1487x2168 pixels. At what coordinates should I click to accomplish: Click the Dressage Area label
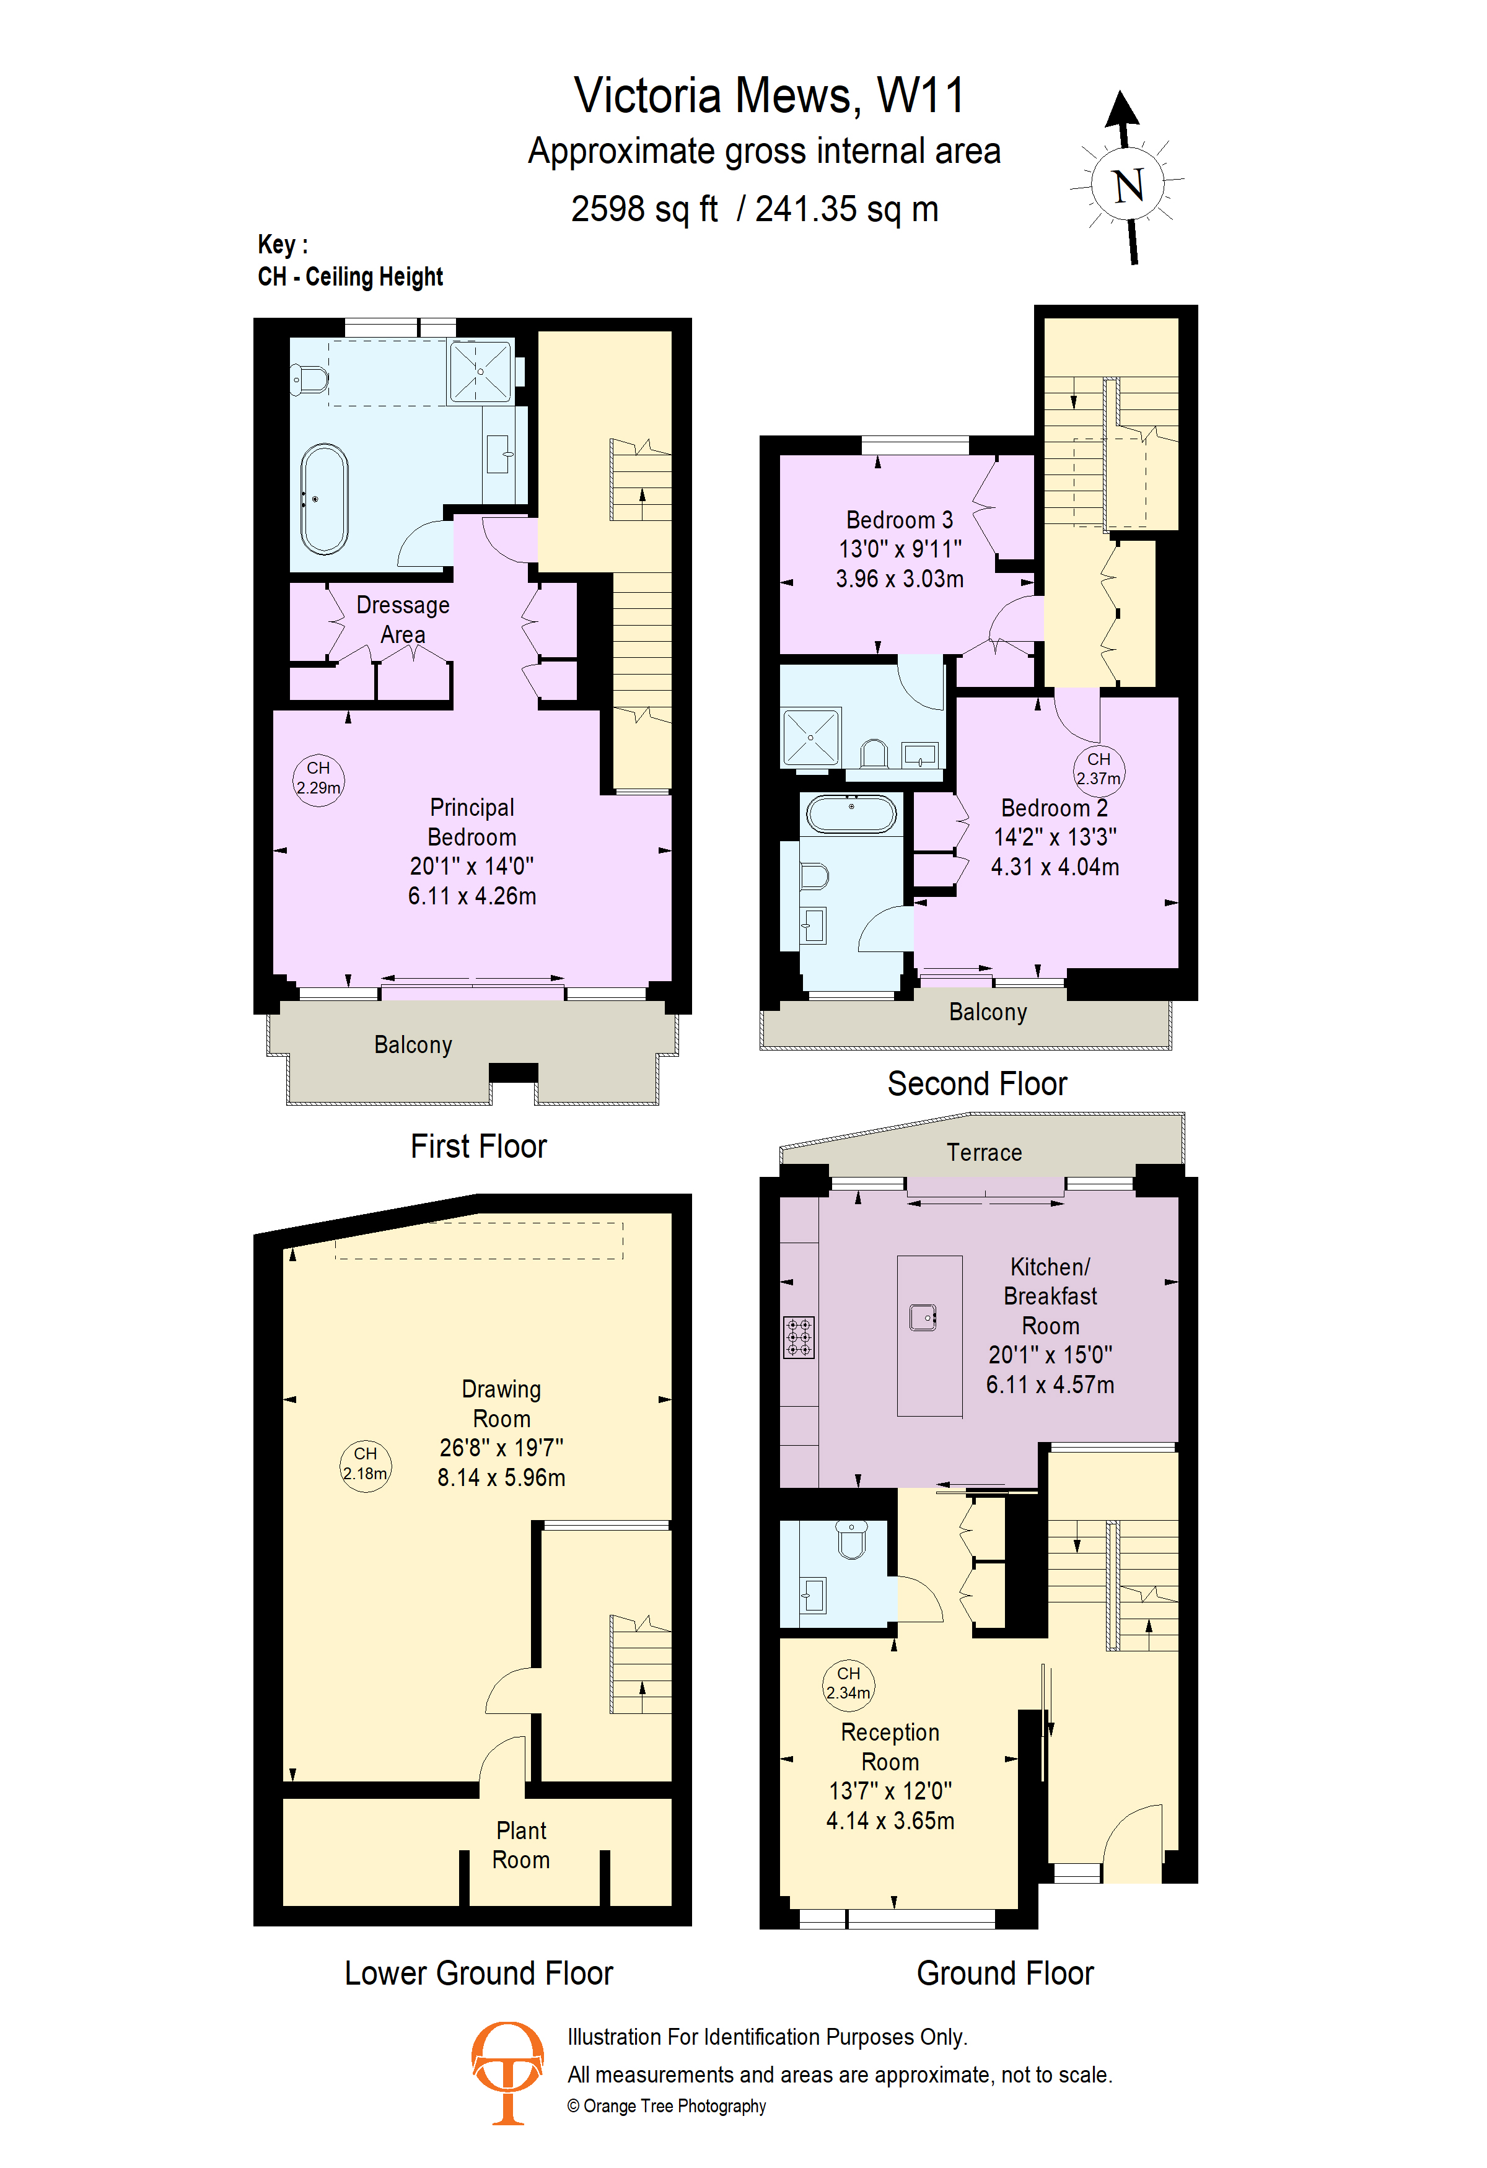[x=403, y=619]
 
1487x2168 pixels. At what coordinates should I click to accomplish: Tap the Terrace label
[x=984, y=1153]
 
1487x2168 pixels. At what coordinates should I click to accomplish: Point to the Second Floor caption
[x=976, y=1084]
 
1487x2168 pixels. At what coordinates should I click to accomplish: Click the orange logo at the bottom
[x=507, y=2072]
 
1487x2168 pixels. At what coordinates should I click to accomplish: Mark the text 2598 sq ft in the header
[x=644, y=209]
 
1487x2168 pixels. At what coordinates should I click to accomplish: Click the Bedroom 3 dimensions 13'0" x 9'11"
[x=899, y=549]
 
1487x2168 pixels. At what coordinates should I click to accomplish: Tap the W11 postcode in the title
[x=920, y=95]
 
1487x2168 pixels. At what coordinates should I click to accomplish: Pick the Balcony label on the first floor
[x=413, y=1045]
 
